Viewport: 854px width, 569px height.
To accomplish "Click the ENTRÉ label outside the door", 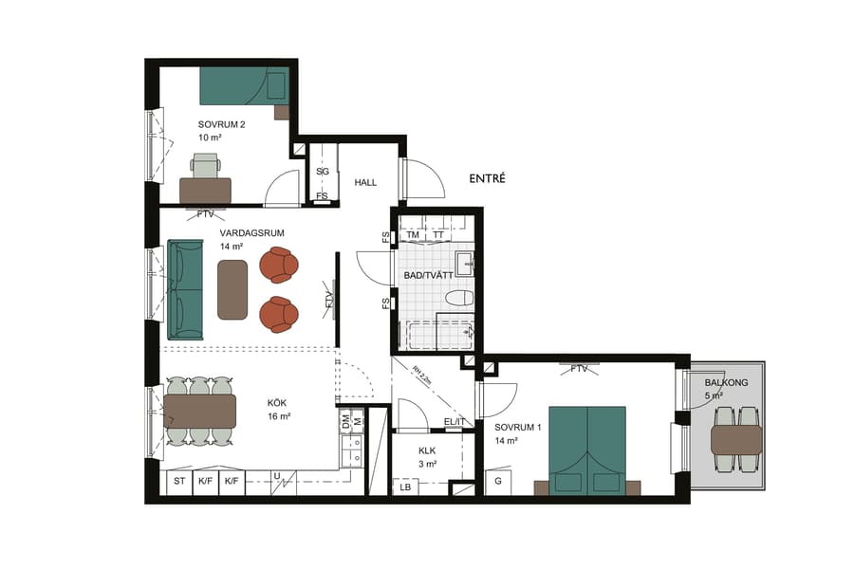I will point(488,178).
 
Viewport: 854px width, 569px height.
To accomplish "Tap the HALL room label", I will point(366,182).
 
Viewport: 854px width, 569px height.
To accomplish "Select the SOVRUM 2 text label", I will point(221,124).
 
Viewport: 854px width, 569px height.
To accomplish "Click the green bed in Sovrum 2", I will point(243,85).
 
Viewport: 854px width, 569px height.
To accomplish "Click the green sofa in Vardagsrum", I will point(185,289).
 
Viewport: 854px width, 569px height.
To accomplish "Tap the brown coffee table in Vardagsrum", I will point(233,289).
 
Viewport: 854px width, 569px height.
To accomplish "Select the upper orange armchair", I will point(280,266).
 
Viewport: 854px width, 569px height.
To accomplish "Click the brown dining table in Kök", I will point(199,411).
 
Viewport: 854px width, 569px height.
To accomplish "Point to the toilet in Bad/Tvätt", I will point(459,297).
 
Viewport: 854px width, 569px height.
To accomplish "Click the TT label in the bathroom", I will point(438,235).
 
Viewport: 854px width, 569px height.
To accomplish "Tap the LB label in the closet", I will point(406,486).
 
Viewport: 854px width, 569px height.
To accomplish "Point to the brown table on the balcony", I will point(736,439).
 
